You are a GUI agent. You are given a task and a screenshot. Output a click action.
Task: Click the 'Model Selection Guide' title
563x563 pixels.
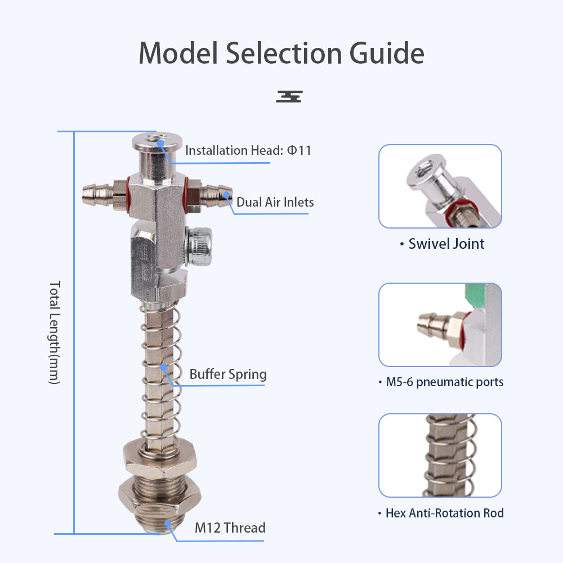tap(281, 54)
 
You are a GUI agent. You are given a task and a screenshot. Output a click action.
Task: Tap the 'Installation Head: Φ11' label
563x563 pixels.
tap(248, 150)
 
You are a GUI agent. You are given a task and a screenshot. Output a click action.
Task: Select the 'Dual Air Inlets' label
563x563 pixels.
tap(275, 202)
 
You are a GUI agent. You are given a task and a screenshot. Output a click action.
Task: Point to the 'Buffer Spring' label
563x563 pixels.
tap(228, 374)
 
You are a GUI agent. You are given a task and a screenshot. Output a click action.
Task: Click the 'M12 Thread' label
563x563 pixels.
tap(230, 528)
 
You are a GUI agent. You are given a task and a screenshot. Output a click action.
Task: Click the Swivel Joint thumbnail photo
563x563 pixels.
tap(440, 186)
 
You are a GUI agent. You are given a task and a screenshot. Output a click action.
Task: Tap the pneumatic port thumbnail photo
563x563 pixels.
tap(440, 325)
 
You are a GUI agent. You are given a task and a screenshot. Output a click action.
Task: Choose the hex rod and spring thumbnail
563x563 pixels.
tap(440, 455)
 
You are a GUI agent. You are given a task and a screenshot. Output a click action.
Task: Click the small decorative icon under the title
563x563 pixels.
tap(289, 96)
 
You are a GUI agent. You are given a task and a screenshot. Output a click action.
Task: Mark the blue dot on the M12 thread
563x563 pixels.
tap(168, 523)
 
